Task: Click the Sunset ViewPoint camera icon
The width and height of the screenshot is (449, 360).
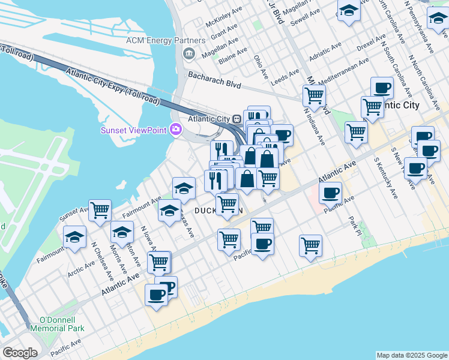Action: coord(175,129)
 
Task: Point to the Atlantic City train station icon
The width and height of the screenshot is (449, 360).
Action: coord(238,119)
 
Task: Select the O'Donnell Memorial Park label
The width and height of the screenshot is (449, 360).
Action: coord(61,324)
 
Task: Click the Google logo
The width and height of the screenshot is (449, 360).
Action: coord(20,353)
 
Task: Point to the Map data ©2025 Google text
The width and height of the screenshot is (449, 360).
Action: coord(411,355)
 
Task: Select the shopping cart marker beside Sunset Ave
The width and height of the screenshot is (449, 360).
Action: coord(100,211)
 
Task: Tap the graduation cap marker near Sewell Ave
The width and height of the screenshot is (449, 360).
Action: coord(348,11)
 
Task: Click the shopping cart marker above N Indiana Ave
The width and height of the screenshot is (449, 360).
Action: coord(314,95)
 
